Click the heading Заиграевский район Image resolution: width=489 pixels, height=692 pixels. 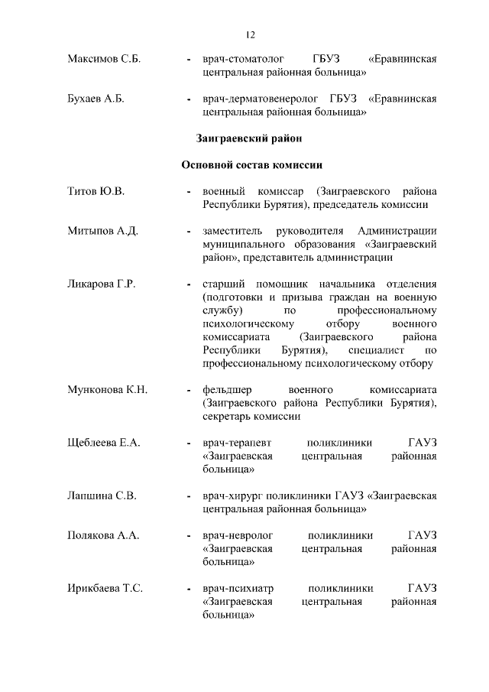(249, 138)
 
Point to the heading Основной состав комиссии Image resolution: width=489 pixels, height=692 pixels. (251, 164)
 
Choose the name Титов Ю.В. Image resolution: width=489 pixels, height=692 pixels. (96, 190)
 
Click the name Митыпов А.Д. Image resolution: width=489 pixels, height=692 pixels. (102, 231)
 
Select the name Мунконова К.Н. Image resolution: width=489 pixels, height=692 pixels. (107, 390)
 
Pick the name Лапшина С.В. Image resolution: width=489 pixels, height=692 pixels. (102, 495)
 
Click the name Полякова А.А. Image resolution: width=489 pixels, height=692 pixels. (103, 535)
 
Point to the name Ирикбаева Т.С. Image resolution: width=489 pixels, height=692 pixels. (105, 588)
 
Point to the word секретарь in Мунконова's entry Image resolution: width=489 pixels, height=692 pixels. (229, 417)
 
